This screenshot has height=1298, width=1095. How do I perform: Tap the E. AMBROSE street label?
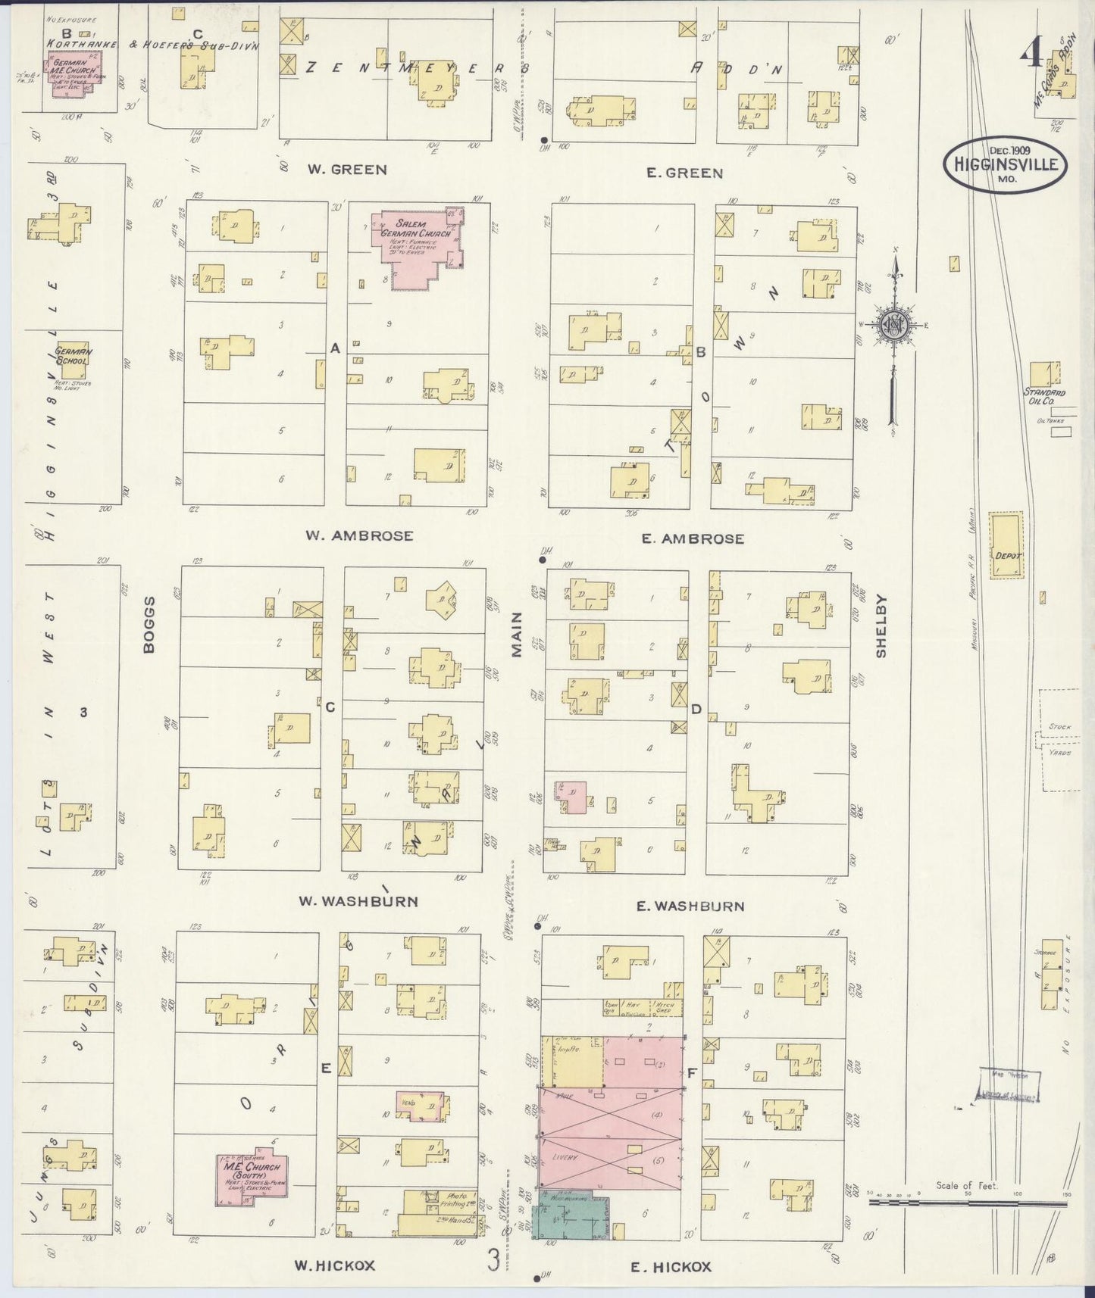(x=693, y=539)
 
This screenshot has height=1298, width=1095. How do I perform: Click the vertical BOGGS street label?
(x=149, y=625)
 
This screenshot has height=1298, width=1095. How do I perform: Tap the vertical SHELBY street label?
(x=881, y=625)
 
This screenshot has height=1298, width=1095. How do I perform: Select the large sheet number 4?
(x=1029, y=53)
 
